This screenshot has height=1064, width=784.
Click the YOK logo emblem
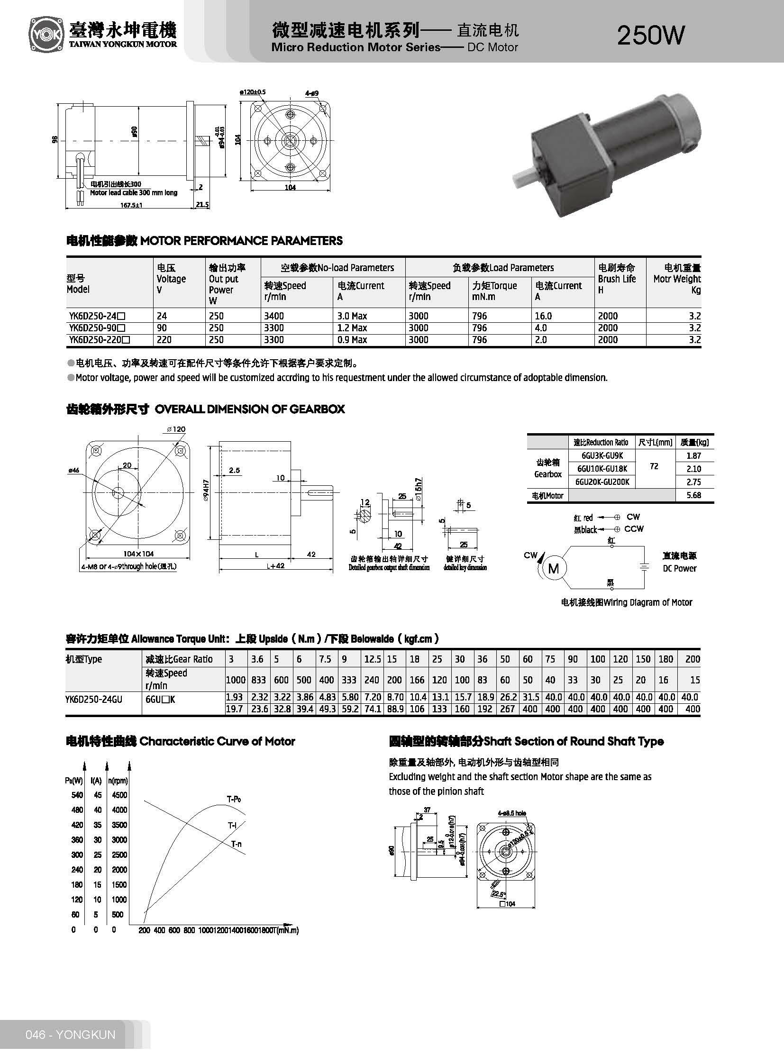(x=46, y=35)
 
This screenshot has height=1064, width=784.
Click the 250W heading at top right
(x=651, y=36)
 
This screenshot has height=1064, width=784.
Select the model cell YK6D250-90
(x=97, y=328)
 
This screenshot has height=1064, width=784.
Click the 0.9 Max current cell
(x=352, y=340)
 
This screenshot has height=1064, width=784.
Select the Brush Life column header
(x=617, y=279)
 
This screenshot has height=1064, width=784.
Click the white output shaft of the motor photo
(x=524, y=177)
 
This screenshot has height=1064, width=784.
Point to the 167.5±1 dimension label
(x=132, y=205)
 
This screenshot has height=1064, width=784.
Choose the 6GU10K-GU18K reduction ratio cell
(x=602, y=469)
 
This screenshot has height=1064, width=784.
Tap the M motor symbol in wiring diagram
(x=553, y=569)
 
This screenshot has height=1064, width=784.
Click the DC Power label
(x=679, y=569)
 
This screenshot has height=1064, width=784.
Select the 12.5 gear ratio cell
(x=373, y=659)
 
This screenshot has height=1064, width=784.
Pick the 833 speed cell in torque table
(x=258, y=680)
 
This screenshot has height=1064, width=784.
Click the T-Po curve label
(x=234, y=800)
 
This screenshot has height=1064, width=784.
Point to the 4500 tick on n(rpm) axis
(x=119, y=795)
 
